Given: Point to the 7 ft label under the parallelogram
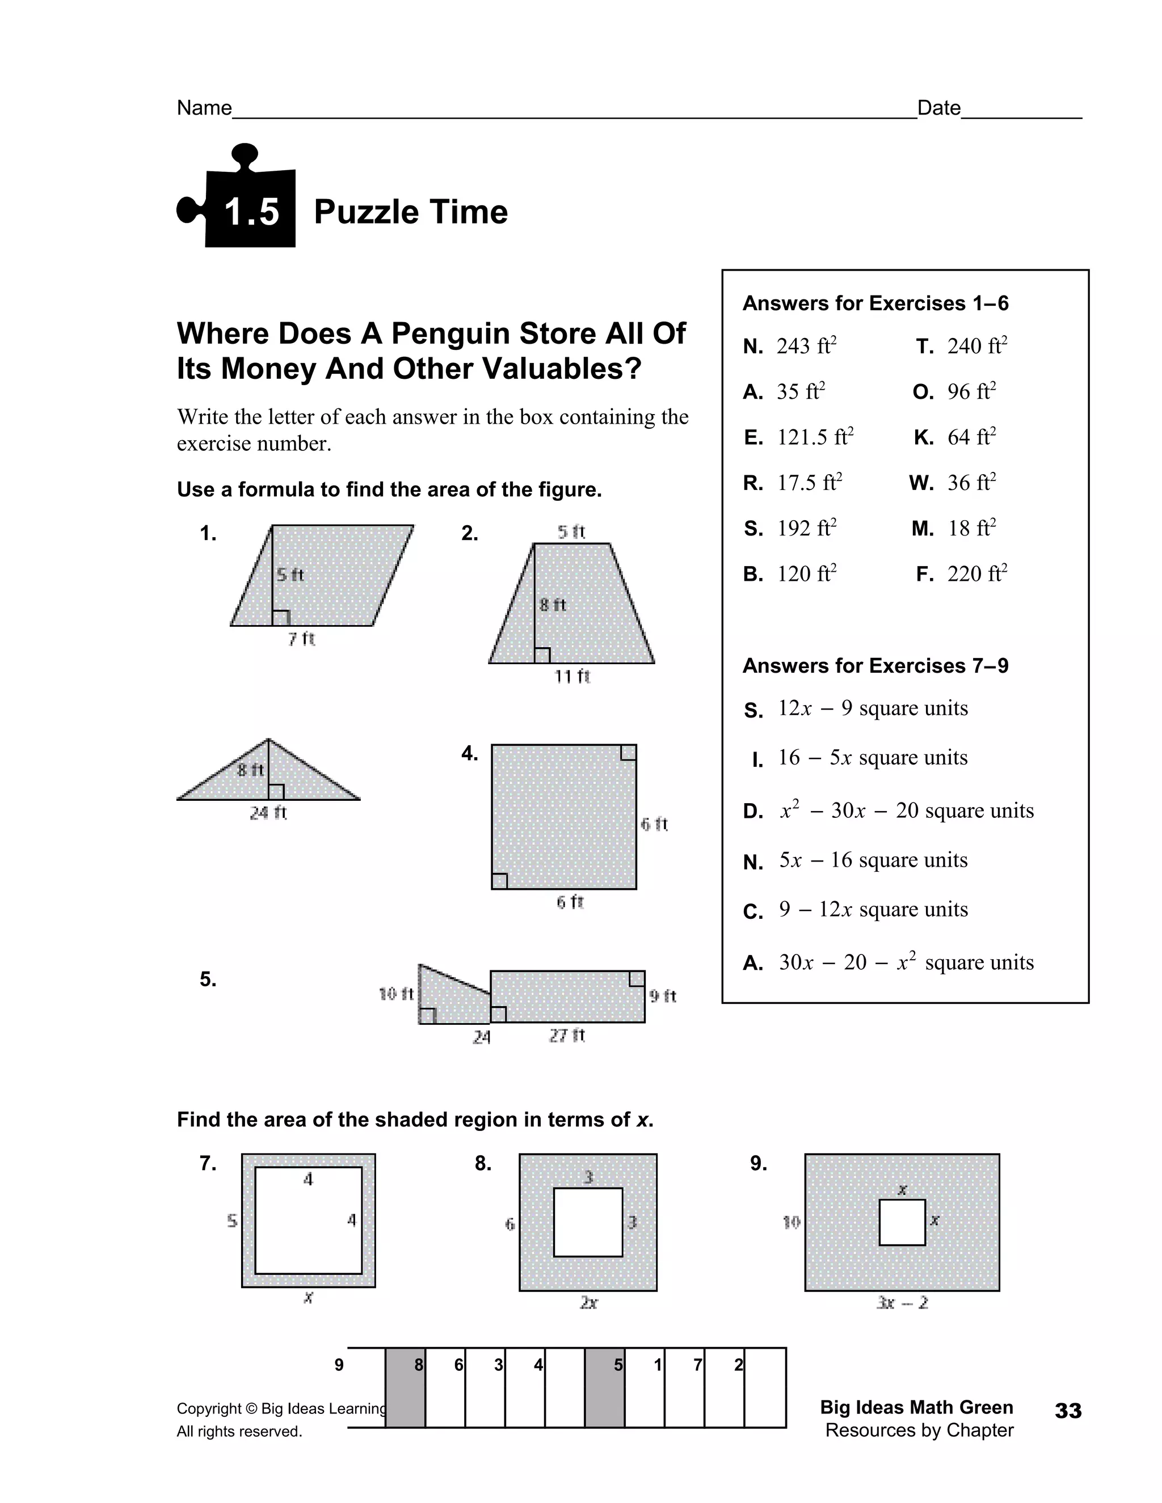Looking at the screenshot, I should [301, 639].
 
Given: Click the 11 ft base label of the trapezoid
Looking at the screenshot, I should [572, 677].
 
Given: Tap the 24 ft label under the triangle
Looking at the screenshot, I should [268, 813].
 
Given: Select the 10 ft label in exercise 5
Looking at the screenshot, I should [396, 994].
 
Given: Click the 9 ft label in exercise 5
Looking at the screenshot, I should [662, 996].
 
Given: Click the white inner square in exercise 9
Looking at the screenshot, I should [902, 1222].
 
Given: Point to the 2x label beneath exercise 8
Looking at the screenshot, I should [588, 1303].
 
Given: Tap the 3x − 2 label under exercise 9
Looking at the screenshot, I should [902, 1303].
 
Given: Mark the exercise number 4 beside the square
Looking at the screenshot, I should [469, 754].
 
